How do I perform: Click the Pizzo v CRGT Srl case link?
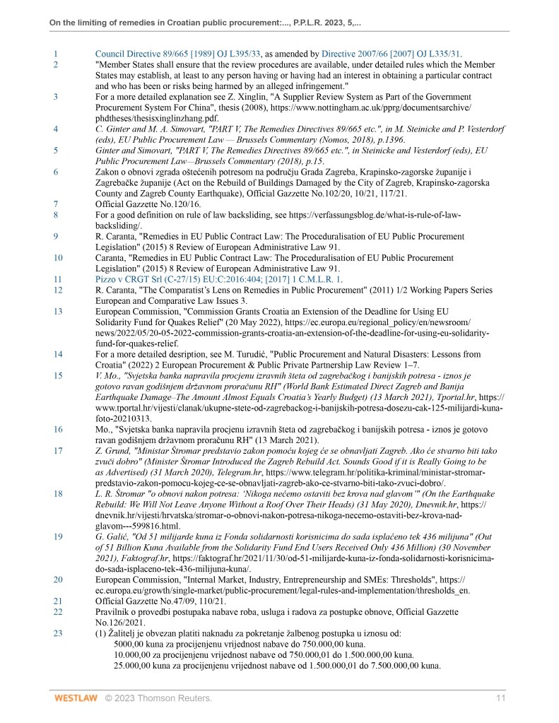(x=218, y=278)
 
